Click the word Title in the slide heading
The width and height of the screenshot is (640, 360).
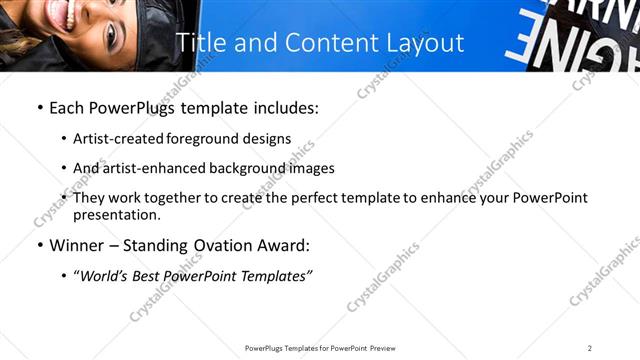198,43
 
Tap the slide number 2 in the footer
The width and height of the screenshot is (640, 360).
589,347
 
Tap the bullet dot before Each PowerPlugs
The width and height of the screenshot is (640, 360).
38,108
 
